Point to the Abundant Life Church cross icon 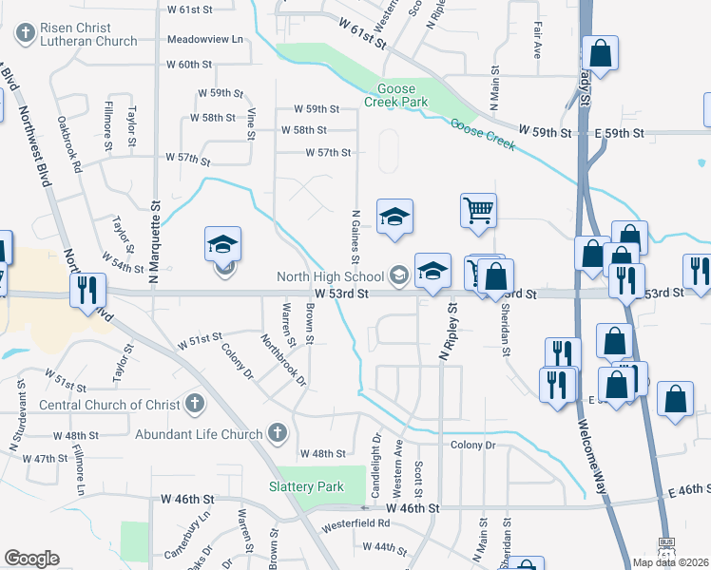point(277,434)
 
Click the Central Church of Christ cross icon point(195,404)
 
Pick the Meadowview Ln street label point(204,40)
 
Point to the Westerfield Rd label point(357,522)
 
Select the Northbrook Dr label point(284,360)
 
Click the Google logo point(31,558)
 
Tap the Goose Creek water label point(483,135)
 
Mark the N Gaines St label point(355,237)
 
